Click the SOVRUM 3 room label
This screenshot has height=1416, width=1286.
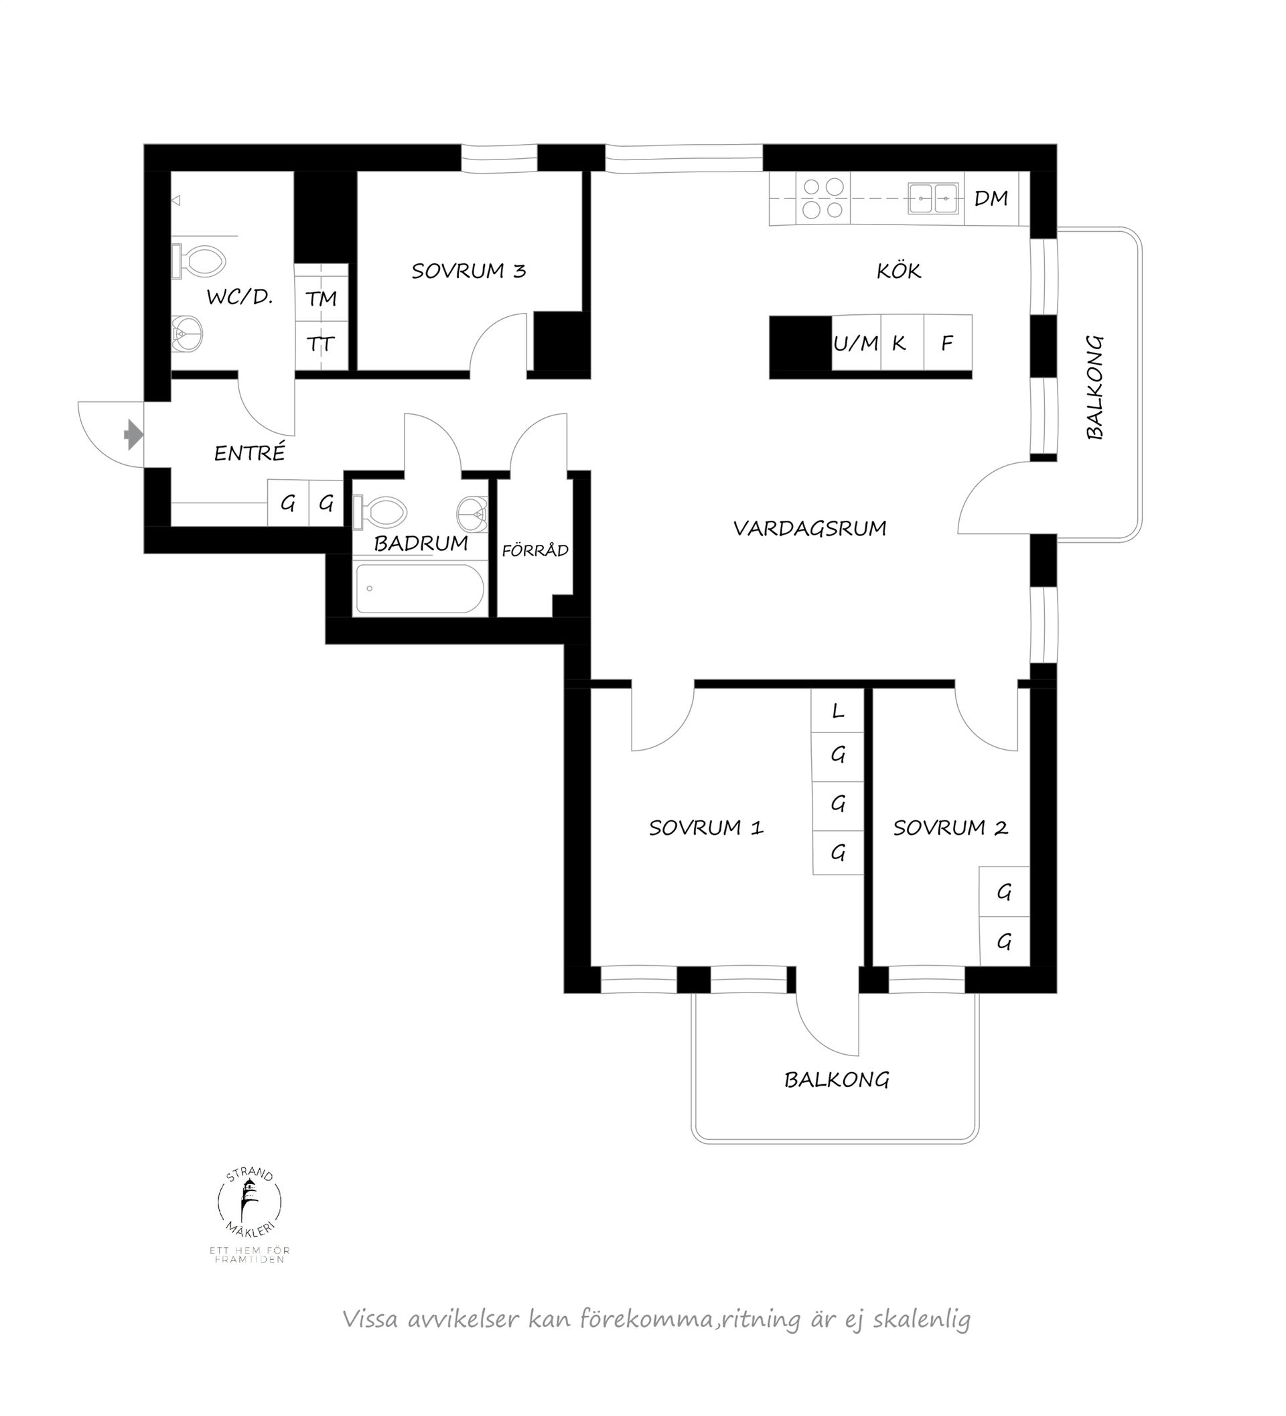pos(468,271)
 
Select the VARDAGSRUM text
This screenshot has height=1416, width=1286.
pos(809,527)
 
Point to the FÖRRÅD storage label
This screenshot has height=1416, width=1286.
pos(535,550)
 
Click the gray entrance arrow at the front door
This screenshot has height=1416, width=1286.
pos(134,435)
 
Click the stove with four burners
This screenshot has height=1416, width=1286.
pos(823,198)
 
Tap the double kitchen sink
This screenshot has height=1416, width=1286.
pos(933,198)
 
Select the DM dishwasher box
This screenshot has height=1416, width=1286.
pos(991,199)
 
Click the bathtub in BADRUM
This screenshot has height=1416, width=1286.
pos(420,588)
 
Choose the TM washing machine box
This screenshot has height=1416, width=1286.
pos(321,298)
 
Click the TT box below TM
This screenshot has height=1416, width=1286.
pos(321,344)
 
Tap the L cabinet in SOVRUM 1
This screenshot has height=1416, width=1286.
pos(837,711)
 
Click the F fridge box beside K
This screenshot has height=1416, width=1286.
pos(948,342)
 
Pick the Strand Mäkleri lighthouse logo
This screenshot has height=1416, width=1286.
pos(250,1204)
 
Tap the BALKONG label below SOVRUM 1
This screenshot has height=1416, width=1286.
pos(837,1080)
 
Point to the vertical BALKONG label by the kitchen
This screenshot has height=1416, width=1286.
pos(1094,387)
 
